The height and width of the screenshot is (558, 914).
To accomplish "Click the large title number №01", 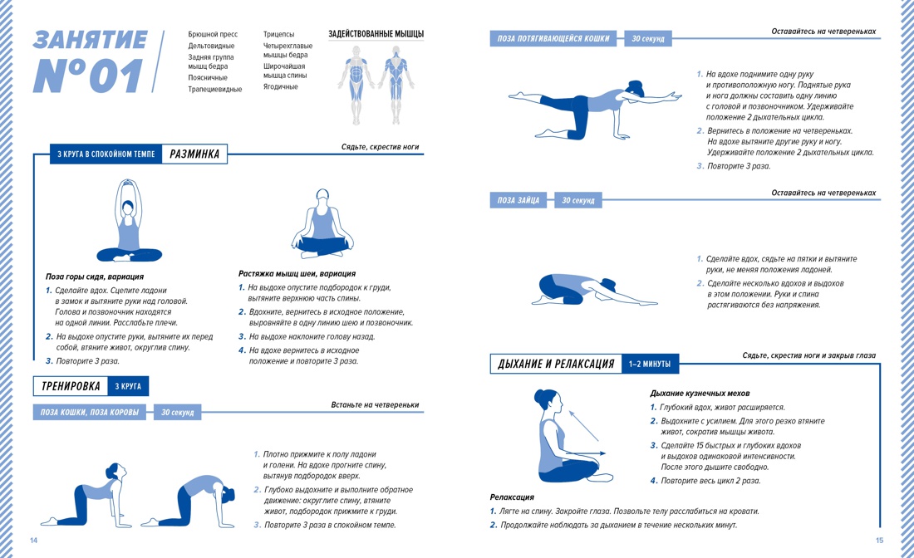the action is pos(88,76).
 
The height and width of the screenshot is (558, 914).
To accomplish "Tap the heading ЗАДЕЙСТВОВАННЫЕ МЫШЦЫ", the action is pos(376,34).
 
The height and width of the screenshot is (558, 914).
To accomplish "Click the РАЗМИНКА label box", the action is pos(194,154).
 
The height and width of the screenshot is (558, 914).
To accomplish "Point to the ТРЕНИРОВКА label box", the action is pos(71,386).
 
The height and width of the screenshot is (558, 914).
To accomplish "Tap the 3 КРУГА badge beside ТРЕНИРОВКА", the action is pos(128,386).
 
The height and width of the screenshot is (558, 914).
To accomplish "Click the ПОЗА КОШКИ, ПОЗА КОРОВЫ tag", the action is pos(89,413).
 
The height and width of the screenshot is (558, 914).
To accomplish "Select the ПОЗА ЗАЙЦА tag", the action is pos(518,200).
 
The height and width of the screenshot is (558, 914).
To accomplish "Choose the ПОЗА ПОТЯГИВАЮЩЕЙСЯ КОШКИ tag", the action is pos(553,38).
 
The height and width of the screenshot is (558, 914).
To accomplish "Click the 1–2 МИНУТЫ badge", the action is pos(650,364).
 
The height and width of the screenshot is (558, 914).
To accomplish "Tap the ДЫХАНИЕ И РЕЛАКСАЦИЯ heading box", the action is pos(556,364).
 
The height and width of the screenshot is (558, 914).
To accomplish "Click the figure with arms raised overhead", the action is pos(129,221).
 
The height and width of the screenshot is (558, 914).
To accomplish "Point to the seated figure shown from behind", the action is pos(322,223).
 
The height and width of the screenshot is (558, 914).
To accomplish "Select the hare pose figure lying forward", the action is pos(595,291).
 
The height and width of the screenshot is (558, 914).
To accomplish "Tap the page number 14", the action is pos(34,541).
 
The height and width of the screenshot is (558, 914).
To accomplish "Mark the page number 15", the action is pos(880,541).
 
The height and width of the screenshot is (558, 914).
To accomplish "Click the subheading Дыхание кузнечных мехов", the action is pos(700,393).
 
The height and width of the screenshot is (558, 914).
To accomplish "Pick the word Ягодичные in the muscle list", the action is pos(280,87).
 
